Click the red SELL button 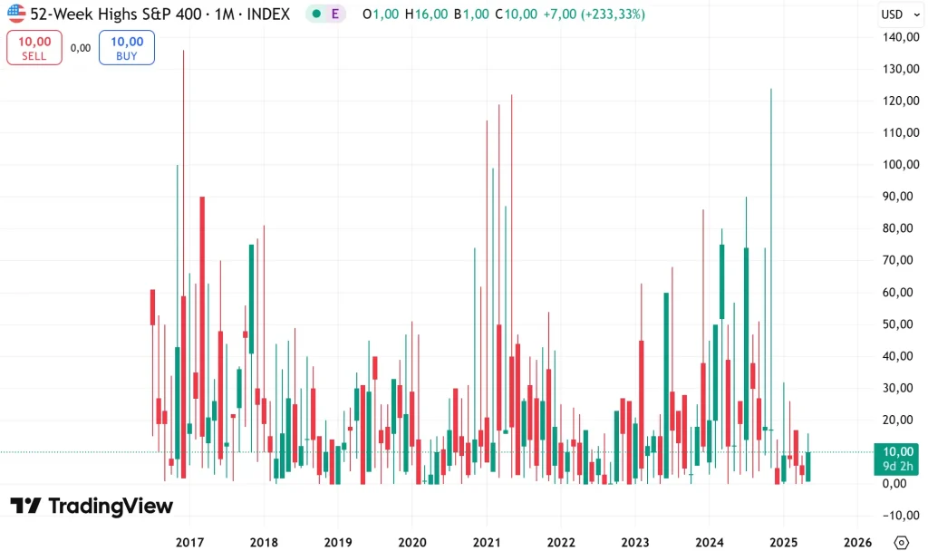[34, 47]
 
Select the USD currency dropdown [896, 14]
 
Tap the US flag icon [16, 14]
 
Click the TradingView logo [92, 506]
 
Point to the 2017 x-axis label [189, 541]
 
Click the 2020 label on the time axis [411, 541]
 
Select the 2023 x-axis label [634, 541]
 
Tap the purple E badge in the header [335, 14]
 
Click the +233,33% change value [609, 14]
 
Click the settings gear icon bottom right [901, 541]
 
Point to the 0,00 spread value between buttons [81, 48]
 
